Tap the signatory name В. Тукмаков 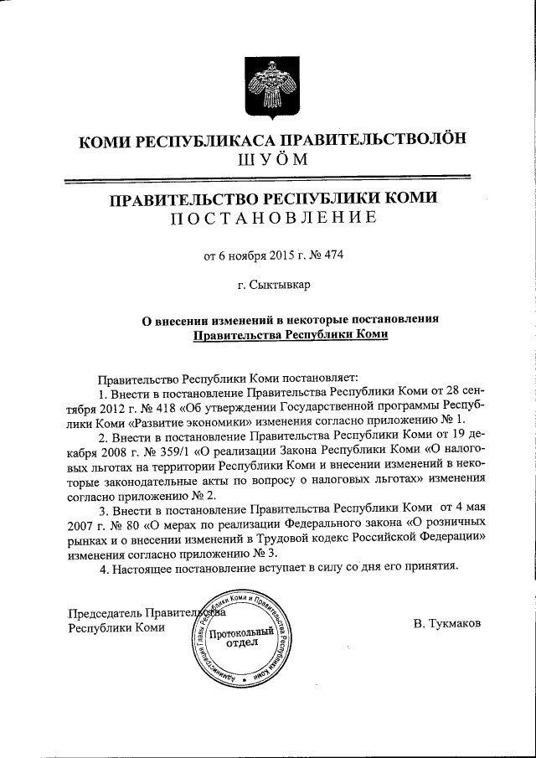point(446,625)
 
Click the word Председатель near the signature point(106,613)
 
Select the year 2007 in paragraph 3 point(83,526)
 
